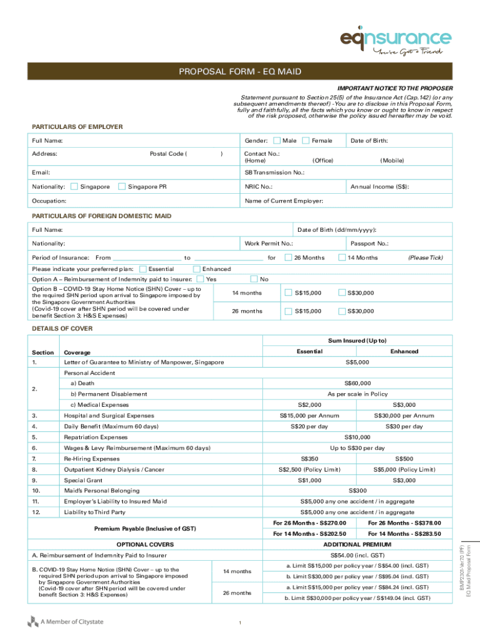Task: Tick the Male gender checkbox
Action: pyautogui.click(x=277, y=141)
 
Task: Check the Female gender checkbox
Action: pyautogui.click(x=305, y=141)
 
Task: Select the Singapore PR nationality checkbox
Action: pyautogui.click(x=122, y=186)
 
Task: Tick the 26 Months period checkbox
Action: pyautogui.click(x=288, y=257)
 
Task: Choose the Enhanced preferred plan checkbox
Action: pyautogui.click(x=197, y=269)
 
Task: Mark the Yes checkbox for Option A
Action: pyautogui.click(x=200, y=279)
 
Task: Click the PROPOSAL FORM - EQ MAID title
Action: pyautogui.click(x=240, y=72)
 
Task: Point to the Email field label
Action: pyautogui.click(x=41, y=172)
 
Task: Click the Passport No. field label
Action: pyautogui.click(x=370, y=244)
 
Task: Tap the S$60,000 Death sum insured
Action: pyautogui.click(x=357, y=383)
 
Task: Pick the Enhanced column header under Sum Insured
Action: pyautogui.click(x=404, y=351)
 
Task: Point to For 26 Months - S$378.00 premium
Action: pyautogui.click(x=404, y=523)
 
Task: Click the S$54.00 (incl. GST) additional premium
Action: pyautogui.click(x=357, y=555)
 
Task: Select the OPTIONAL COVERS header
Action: pyautogui.click(x=145, y=545)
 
